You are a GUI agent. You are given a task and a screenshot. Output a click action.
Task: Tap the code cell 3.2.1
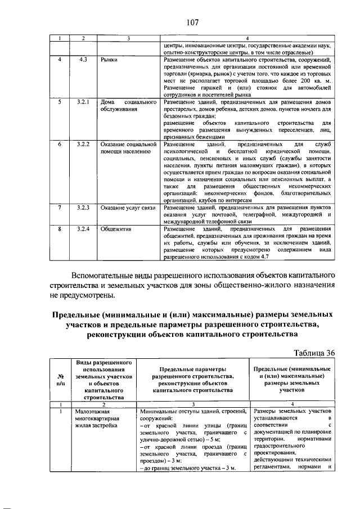[x=84, y=103]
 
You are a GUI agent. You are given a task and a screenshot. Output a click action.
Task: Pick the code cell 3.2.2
[x=84, y=145]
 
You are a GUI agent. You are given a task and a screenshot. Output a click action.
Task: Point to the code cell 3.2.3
[x=84, y=208]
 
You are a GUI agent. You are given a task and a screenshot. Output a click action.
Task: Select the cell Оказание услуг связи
[x=127, y=208]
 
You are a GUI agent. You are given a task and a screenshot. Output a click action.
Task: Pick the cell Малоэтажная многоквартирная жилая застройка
[x=97, y=418]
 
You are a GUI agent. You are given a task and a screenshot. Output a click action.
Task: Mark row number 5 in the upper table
[x=59, y=103]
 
